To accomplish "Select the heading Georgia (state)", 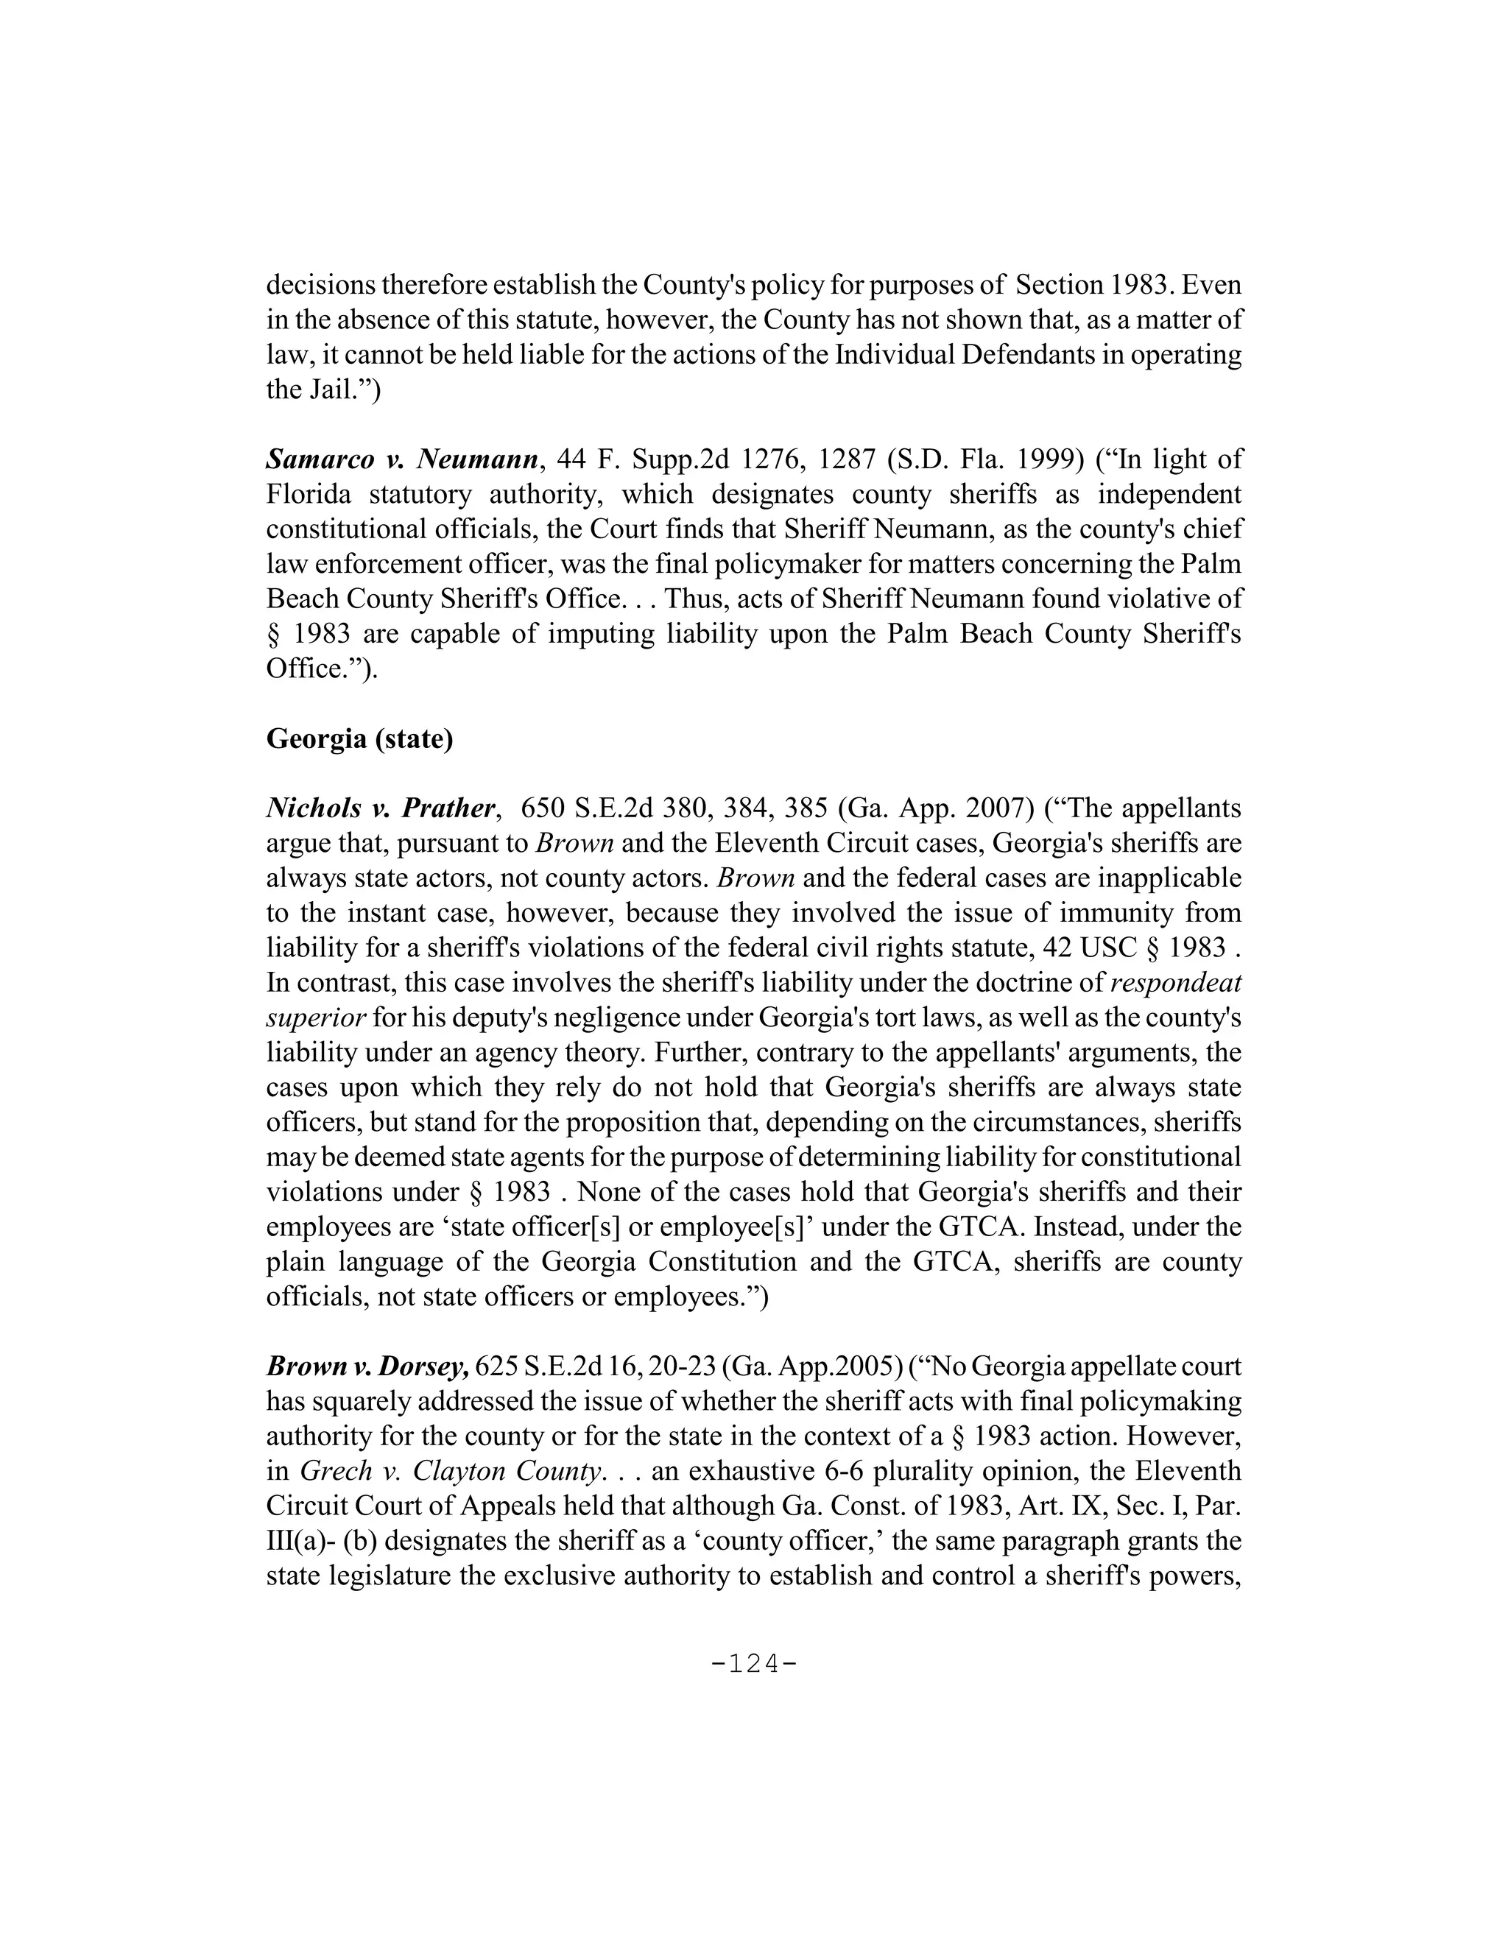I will click(x=360, y=740).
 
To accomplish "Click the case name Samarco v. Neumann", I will click(x=404, y=460).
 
